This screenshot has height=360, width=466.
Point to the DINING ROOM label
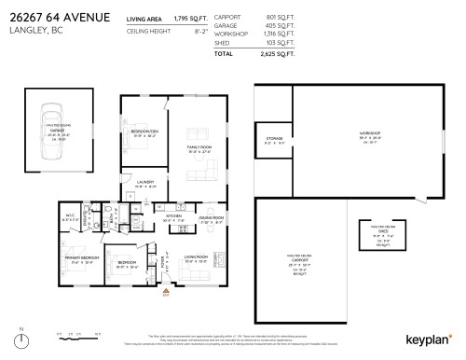(212, 218)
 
